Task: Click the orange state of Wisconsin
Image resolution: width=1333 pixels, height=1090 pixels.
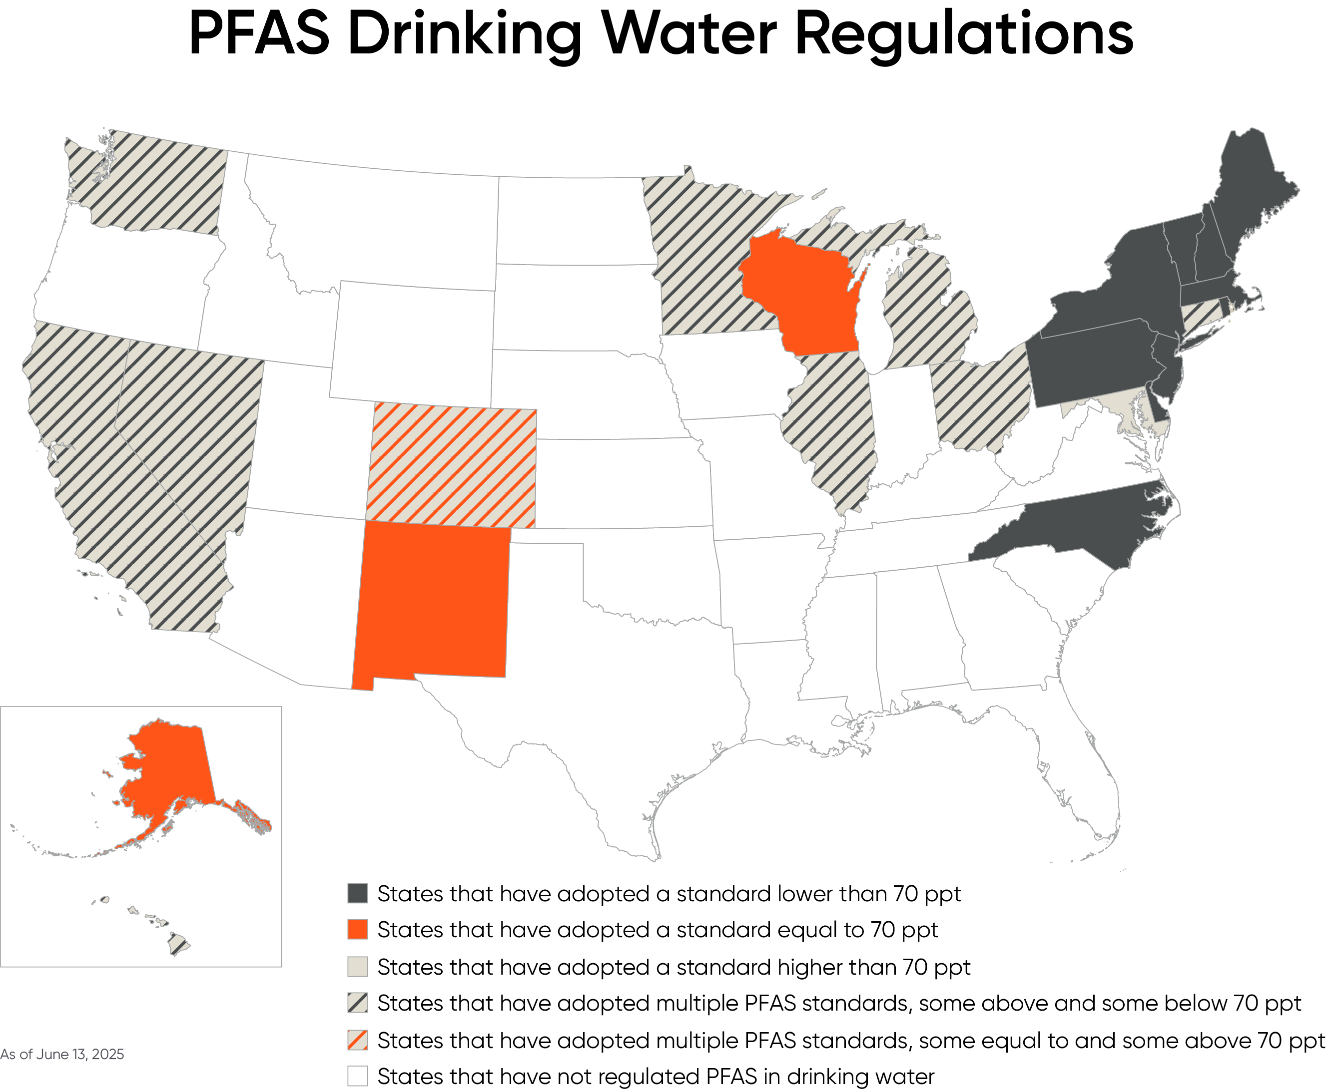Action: coord(801,295)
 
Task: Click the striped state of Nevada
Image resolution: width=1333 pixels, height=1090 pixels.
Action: coord(188,427)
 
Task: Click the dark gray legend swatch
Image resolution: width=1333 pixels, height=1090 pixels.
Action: coord(357,893)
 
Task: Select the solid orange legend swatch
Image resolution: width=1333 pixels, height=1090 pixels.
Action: coord(357,929)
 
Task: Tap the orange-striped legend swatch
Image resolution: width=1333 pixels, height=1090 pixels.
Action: coord(357,1041)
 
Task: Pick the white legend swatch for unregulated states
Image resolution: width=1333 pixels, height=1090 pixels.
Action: coord(357,1076)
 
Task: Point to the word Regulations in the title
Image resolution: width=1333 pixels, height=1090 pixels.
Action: coord(964,34)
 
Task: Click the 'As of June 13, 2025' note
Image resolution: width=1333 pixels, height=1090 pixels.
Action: coord(62,1054)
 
